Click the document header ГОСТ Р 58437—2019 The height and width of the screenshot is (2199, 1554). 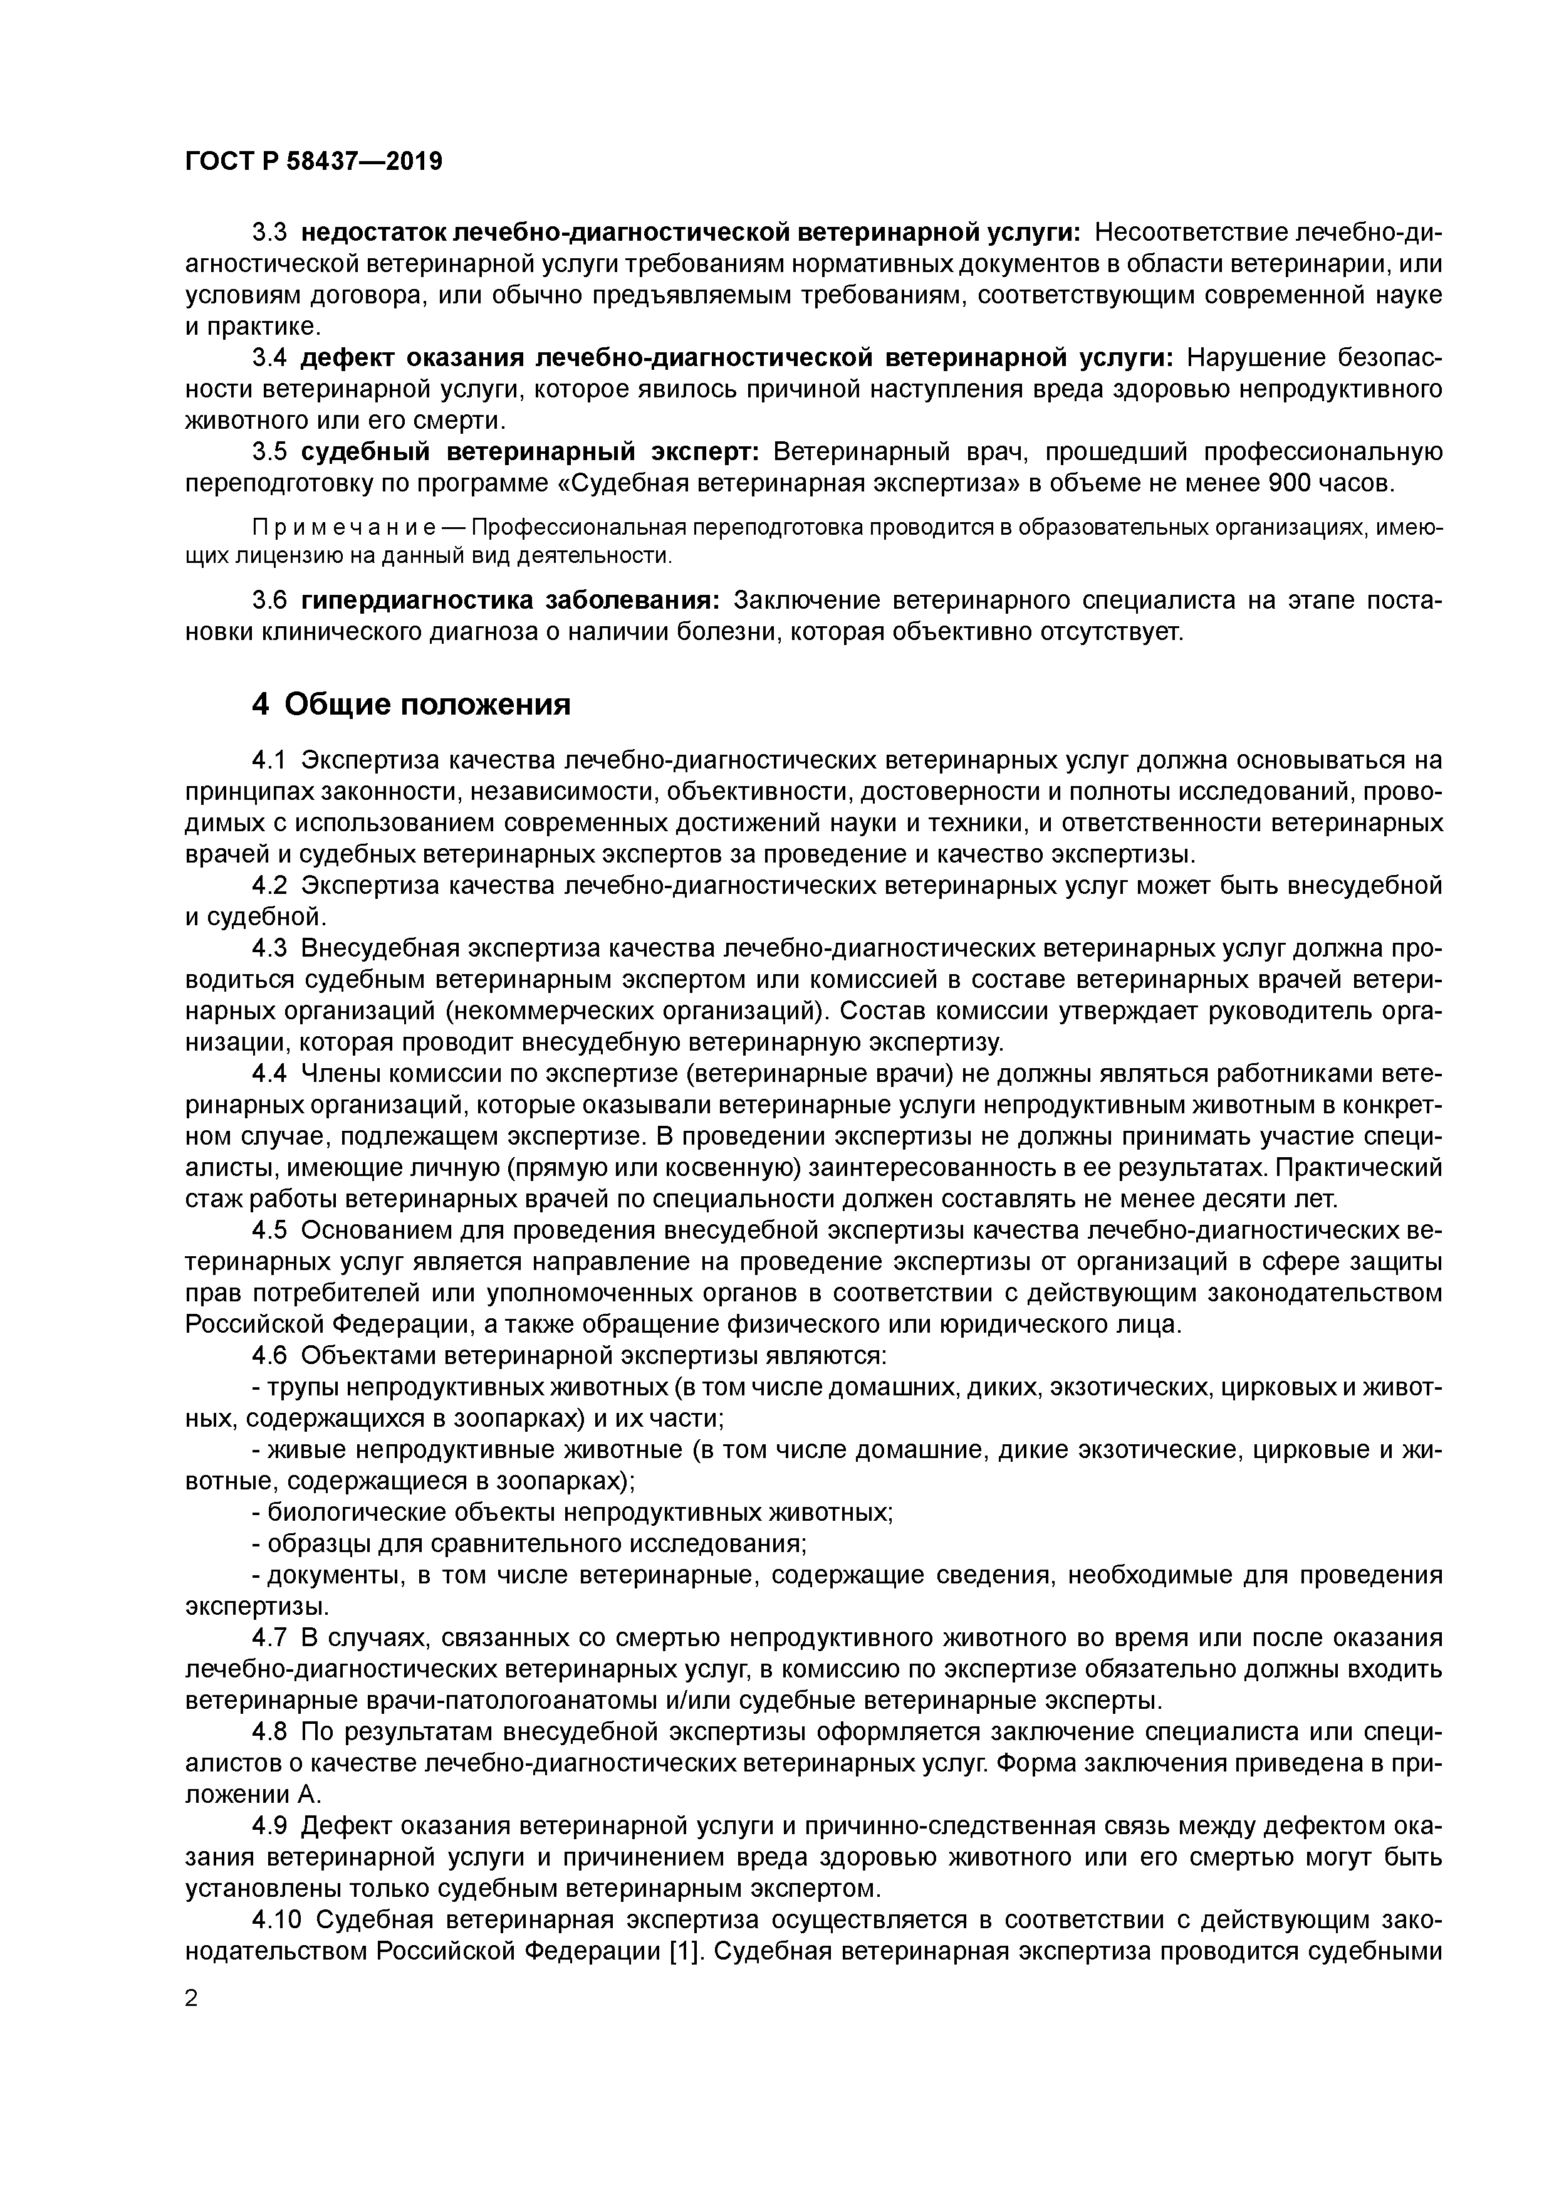[314, 161]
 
